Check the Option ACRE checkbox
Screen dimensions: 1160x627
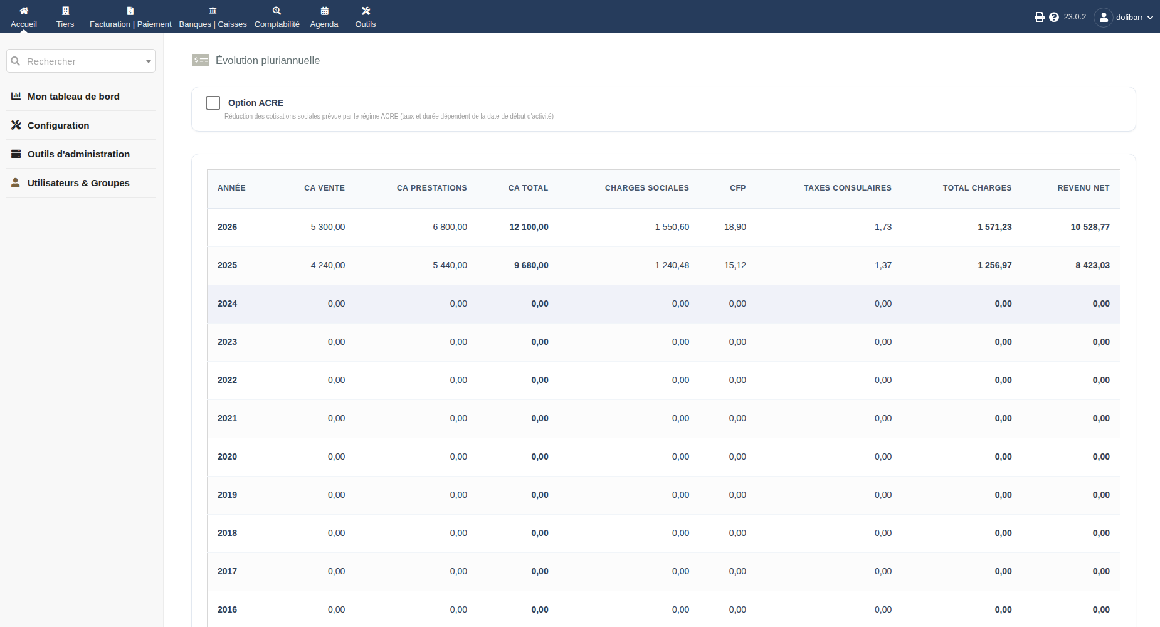point(213,103)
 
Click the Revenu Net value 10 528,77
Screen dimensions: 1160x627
point(1090,227)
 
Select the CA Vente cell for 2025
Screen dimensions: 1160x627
point(327,265)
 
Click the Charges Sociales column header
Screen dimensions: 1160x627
point(646,188)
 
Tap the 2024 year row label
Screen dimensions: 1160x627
point(227,303)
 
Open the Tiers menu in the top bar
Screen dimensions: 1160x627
point(65,17)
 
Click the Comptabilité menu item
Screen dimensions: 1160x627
point(277,17)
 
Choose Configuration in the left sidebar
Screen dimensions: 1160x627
point(58,125)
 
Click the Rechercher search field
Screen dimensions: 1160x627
point(81,61)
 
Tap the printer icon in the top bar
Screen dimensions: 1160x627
point(1039,17)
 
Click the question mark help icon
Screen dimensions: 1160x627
point(1053,17)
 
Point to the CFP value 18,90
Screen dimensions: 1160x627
point(735,227)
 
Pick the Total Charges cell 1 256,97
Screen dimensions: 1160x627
point(994,265)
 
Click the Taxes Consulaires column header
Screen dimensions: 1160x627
point(847,188)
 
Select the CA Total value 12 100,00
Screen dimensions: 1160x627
point(529,227)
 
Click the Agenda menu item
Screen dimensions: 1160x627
point(324,17)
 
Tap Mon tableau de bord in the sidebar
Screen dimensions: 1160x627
point(73,97)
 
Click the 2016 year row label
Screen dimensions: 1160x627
point(227,609)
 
